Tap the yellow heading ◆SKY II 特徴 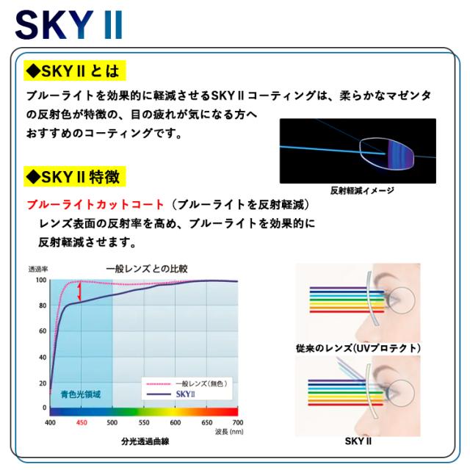tap(76, 177)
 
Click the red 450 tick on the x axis tap(82, 424)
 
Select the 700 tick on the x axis tap(236, 424)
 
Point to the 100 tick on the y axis tap(40, 281)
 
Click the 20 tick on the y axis tap(43, 382)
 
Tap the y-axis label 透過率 tap(38, 269)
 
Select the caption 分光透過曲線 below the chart tap(144, 442)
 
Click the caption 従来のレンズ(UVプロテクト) tap(358, 347)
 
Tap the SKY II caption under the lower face tap(358, 441)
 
